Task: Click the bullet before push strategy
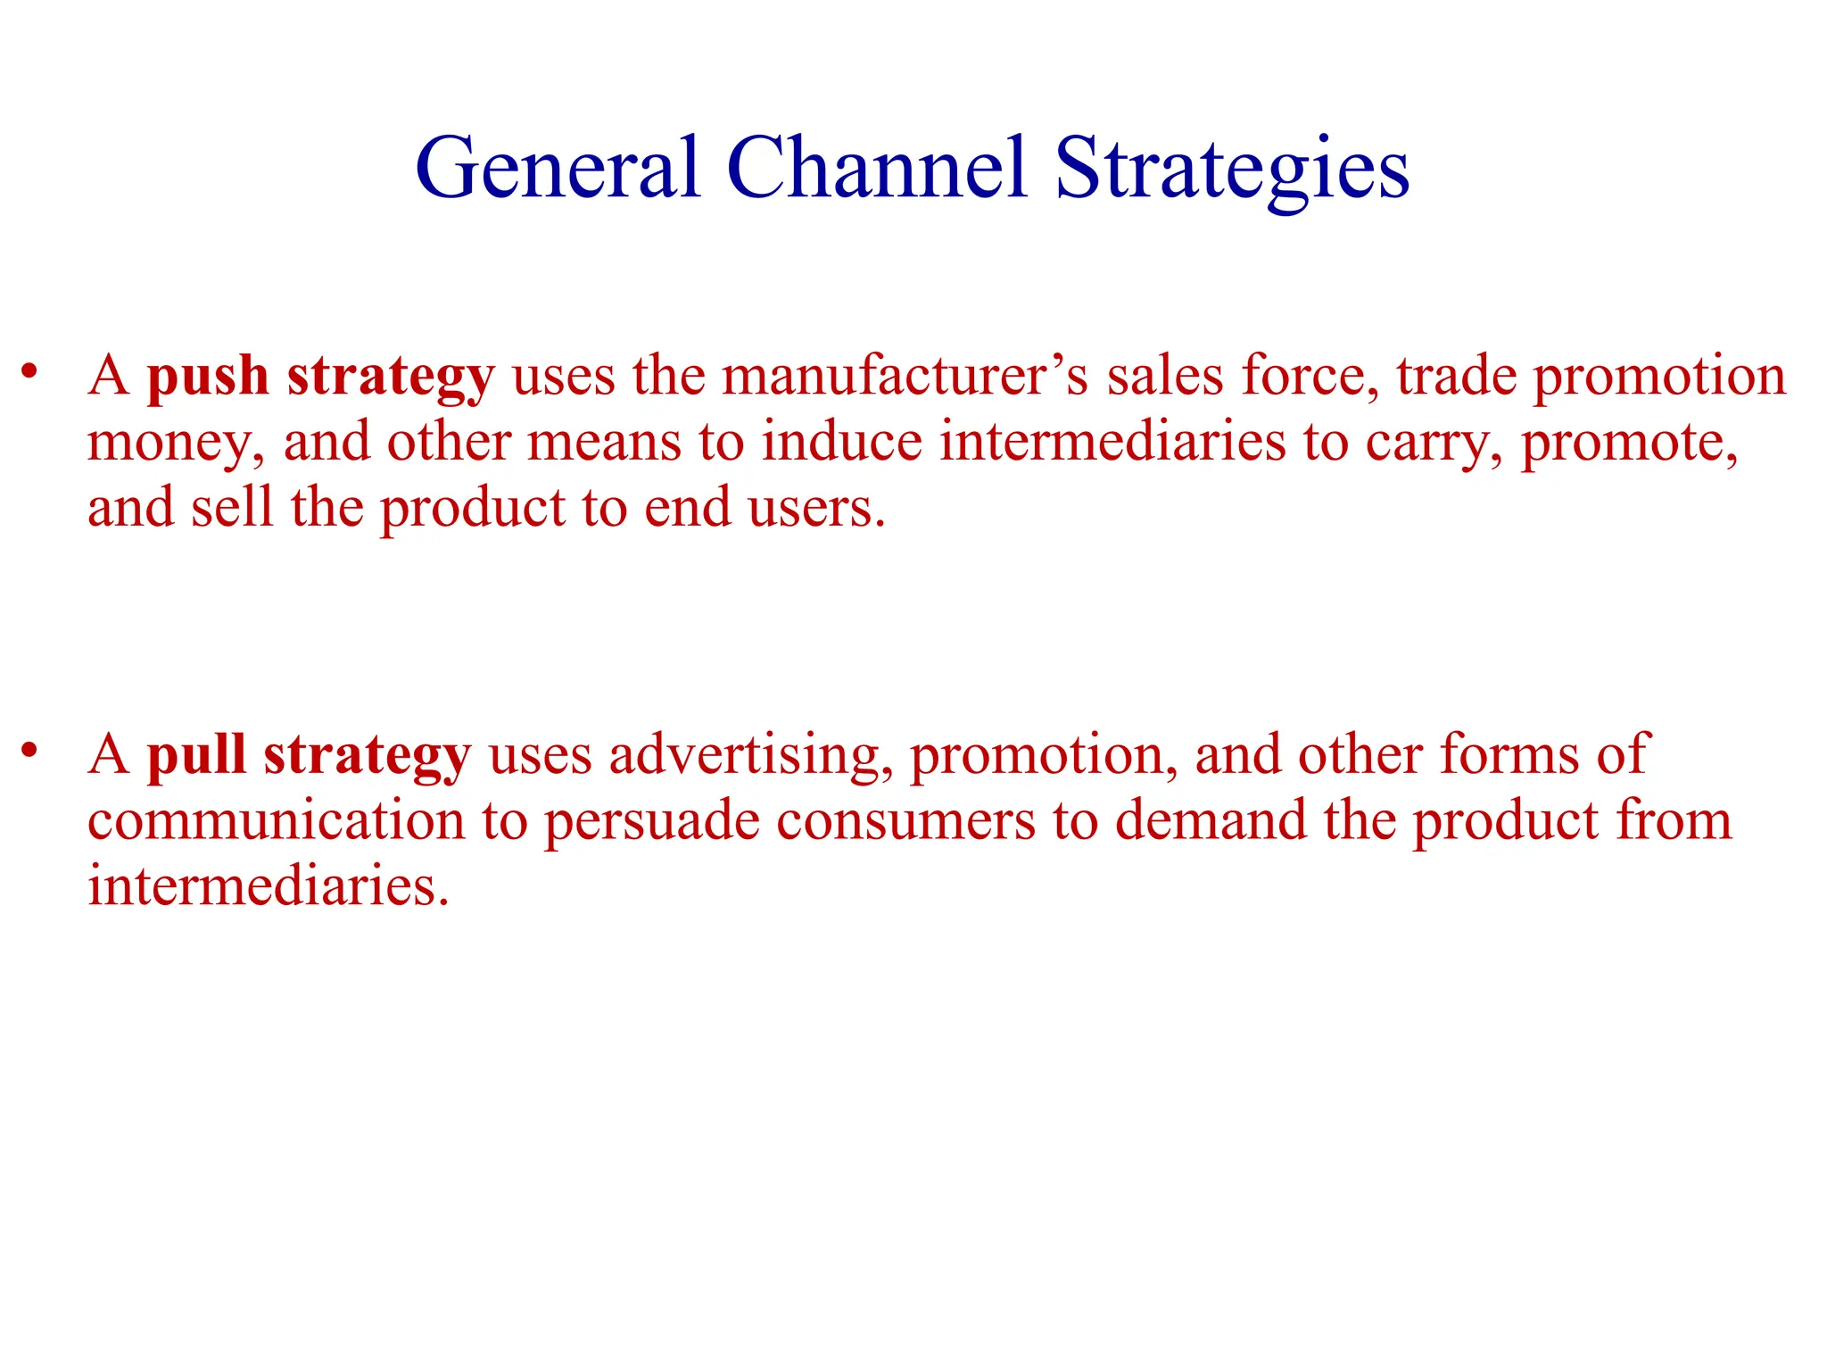pyautogui.click(x=30, y=370)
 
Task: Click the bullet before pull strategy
pyautogui.click(x=30, y=750)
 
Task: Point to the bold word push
pyautogui.click(x=208, y=377)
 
